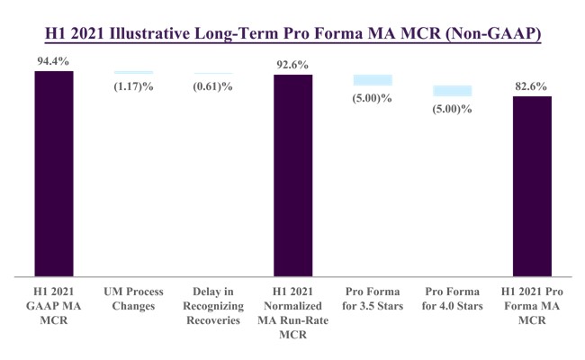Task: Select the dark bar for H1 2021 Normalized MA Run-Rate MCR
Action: [292, 175]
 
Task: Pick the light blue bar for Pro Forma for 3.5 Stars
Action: [372, 80]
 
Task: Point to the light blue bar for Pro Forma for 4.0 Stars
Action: [453, 90]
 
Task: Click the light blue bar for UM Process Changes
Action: [133, 72]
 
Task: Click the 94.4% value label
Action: [53, 61]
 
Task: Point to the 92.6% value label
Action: [292, 65]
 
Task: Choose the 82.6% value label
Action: [532, 85]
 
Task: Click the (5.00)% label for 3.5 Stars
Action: [372, 97]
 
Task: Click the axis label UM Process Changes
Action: [133, 299]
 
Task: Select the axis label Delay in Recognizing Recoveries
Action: [213, 305]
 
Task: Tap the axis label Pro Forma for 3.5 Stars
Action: [372, 299]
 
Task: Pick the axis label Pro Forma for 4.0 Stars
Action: [453, 299]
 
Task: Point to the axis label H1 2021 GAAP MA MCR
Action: [53, 305]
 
